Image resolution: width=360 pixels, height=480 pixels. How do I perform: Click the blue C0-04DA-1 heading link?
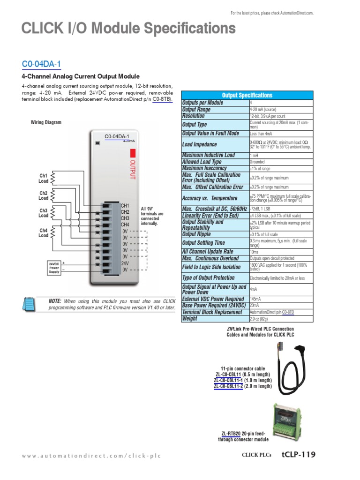41,64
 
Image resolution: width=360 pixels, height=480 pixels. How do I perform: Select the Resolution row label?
193,116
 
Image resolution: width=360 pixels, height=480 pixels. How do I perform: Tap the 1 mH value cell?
254,155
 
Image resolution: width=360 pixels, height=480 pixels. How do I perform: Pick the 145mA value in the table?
256,299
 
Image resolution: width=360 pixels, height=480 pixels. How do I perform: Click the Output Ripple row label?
196,234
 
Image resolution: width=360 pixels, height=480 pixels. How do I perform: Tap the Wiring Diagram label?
46,122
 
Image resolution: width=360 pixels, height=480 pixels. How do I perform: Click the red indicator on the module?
133,153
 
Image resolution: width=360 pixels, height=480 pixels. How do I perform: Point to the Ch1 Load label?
43,178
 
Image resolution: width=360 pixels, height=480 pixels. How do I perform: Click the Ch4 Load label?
43,233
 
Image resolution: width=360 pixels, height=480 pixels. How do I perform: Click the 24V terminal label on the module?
125,263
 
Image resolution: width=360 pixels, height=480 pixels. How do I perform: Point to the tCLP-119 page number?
299,454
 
